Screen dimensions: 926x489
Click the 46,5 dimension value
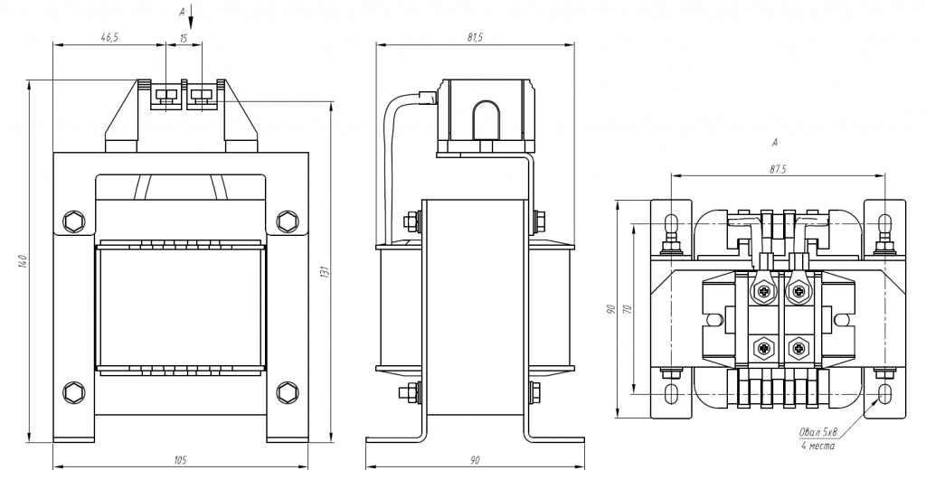pos(109,37)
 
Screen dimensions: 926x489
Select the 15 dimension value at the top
pos(183,37)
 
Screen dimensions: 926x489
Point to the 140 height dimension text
pos(23,260)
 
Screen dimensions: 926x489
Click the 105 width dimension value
pos(180,460)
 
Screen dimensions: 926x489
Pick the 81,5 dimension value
pos(475,37)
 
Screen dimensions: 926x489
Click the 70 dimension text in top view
pos(628,308)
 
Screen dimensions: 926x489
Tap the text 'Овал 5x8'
pos(819,433)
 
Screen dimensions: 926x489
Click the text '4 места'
pos(817,446)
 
